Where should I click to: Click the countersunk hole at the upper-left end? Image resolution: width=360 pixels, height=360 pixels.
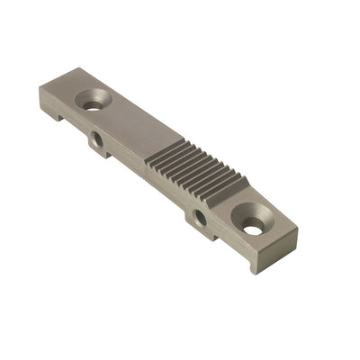coord(93,103)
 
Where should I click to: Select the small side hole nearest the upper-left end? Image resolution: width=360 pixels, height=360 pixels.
coord(94,140)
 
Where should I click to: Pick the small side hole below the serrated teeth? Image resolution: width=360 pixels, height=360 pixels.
coord(200,218)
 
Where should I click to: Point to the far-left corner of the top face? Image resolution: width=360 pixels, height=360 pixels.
coord(41,89)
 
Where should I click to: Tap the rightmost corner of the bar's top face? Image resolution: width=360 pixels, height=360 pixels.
coord(298,229)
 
